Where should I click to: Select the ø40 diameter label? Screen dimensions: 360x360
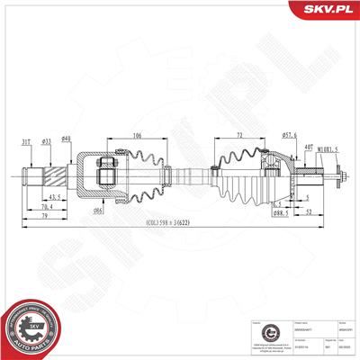coord(67,138)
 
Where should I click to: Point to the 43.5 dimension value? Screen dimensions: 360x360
coord(55,196)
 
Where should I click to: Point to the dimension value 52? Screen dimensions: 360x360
coord(310,213)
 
